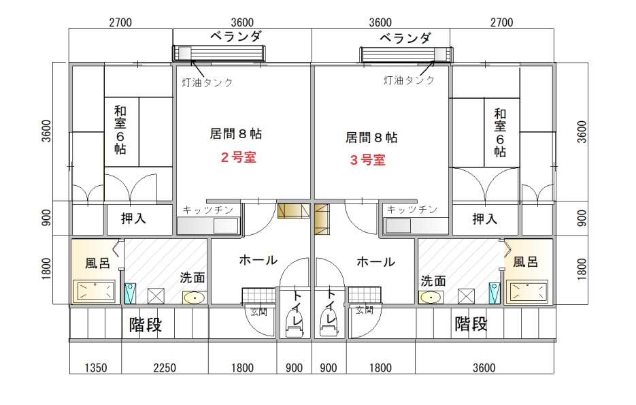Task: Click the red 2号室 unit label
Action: (239, 157)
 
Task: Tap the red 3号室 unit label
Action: (368, 159)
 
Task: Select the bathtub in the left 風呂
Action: (95, 291)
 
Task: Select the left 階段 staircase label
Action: (146, 325)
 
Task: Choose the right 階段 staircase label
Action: (471, 324)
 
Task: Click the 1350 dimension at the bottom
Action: (96, 368)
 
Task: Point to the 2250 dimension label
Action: (165, 368)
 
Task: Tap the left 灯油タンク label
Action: (207, 83)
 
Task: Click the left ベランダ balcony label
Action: (236, 37)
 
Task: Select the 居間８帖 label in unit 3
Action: (371, 137)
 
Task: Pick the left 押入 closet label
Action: (133, 218)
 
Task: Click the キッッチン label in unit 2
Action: (208, 210)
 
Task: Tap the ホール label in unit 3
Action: (376, 262)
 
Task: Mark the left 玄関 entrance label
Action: (258, 312)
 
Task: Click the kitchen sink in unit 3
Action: (398, 225)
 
